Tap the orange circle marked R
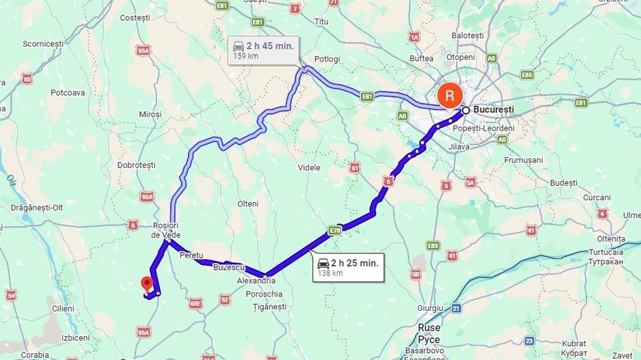[450, 95]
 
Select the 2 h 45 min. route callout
[263, 50]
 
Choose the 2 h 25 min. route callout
[348, 266]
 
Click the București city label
[493, 109]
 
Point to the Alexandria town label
[256, 281]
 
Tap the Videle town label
[309, 167]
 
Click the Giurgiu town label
[429, 308]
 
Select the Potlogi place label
[327, 59]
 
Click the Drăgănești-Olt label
[37, 207]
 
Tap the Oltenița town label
[610, 239]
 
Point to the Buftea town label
[421, 59]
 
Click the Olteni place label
[247, 204]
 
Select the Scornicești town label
[42, 43]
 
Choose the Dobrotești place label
[136, 165]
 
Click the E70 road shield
[334, 230]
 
